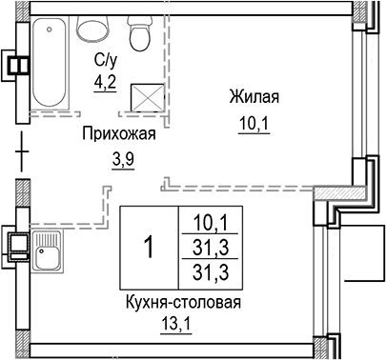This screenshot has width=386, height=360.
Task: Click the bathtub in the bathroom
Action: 51,65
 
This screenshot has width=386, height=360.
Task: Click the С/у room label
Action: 105,61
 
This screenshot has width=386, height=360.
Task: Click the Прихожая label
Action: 118,134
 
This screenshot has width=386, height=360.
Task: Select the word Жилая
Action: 254,96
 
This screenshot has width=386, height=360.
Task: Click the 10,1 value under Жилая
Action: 254,123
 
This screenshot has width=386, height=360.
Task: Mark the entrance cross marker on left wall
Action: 22,149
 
